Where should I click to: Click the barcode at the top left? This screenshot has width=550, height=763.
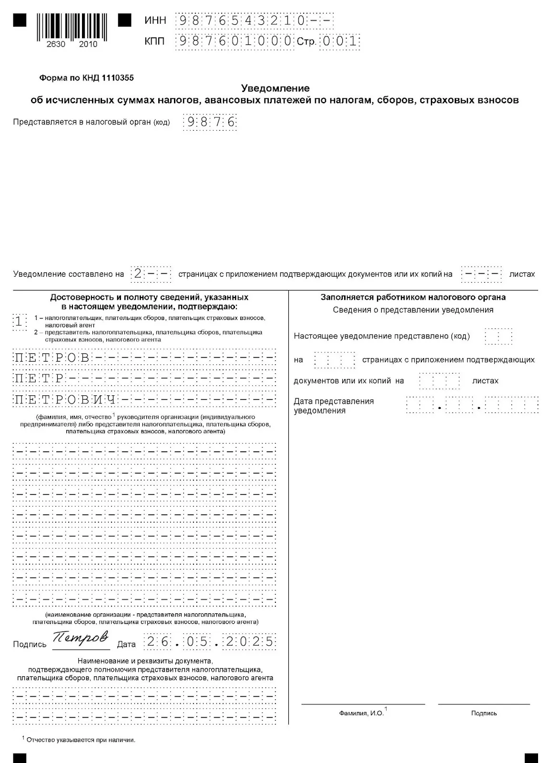click(x=71, y=28)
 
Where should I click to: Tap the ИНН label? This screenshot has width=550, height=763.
click(x=155, y=21)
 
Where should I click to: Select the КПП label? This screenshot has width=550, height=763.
click(x=154, y=41)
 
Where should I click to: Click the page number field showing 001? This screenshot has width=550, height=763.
click(x=340, y=41)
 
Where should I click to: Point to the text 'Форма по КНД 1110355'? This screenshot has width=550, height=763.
click(x=86, y=78)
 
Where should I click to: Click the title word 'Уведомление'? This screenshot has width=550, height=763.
click(x=275, y=88)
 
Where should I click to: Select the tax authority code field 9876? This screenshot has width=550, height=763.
click(x=211, y=122)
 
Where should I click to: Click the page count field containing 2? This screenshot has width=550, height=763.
click(x=151, y=274)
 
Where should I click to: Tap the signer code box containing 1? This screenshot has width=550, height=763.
click(x=19, y=321)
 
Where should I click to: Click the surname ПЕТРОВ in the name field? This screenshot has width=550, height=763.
click(x=52, y=358)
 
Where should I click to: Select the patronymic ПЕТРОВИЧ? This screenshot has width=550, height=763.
click(x=65, y=400)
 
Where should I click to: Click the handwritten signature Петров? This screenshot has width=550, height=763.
click(x=80, y=639)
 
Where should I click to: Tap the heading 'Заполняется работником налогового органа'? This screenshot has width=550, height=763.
click(x=413, y=297)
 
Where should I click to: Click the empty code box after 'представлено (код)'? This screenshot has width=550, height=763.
click(x=498, y=336)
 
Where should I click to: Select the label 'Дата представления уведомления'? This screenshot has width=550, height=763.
click(x=334, y=406)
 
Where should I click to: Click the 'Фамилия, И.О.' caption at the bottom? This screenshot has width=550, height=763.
click(x=361, y=713)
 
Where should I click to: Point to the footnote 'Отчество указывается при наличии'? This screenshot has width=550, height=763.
click(x=81, y=740)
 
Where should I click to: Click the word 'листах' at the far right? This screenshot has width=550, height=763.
click(x=522, y=274)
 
